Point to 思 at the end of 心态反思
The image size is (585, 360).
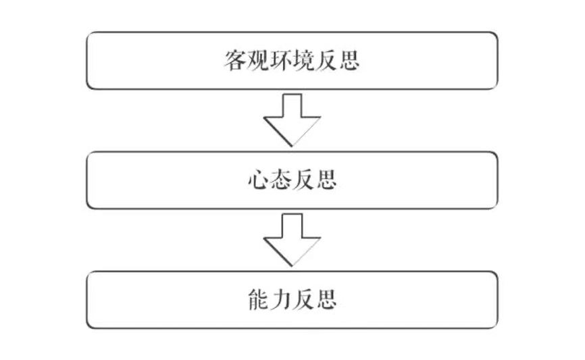point(326,180)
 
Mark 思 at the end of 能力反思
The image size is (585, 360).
point(326,300)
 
